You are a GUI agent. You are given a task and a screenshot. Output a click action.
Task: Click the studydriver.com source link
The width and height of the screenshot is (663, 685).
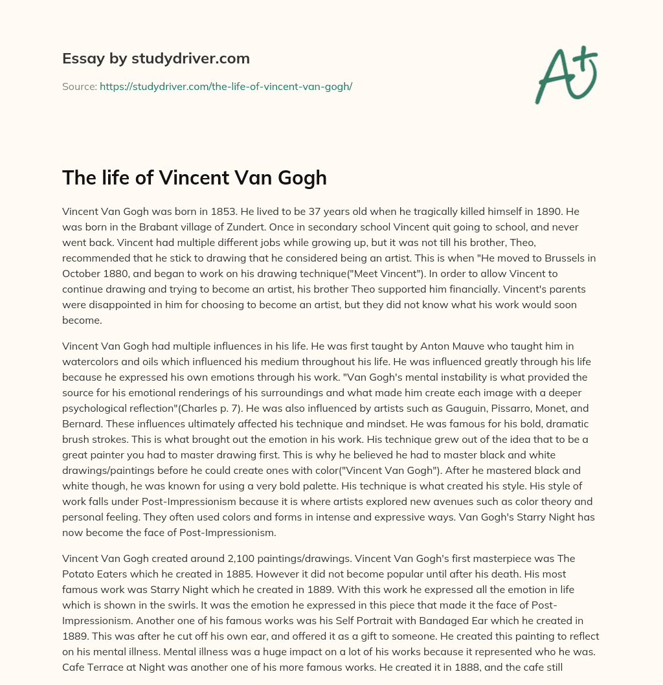(x=225, y=86)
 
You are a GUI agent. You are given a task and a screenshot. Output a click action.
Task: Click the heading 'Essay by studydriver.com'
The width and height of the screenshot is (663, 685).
(x=155, y=58)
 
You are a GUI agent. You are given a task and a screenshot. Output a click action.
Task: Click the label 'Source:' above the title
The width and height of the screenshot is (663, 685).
(x=79, y=86)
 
